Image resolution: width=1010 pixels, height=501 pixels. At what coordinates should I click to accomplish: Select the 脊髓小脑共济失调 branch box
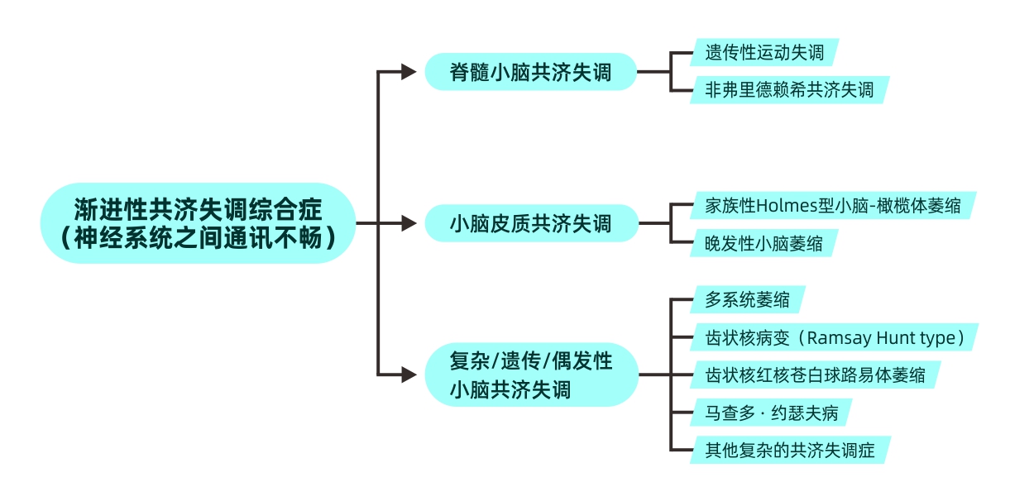click(530, 72)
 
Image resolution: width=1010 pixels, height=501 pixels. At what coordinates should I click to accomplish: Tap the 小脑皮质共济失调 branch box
click(530, 223)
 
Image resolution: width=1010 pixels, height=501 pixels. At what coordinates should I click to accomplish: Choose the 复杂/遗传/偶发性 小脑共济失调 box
click(530, 375)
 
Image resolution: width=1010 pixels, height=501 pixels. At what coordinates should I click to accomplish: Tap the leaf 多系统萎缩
click(747, 299)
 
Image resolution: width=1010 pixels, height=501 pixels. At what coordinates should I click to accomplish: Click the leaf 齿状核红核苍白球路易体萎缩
click(815, 375)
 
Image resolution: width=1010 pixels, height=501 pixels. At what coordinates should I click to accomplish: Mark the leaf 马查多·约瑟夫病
click(769, 412)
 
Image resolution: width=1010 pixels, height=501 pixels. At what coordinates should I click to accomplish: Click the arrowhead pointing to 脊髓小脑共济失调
click(409, 72)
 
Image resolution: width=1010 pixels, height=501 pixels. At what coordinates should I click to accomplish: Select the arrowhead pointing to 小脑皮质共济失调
click(409, 223)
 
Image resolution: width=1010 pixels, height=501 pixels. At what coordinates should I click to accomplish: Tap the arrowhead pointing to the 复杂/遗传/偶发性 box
click(409, 375)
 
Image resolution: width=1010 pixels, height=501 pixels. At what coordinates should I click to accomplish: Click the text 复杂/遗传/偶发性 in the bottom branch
click(530, 361)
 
